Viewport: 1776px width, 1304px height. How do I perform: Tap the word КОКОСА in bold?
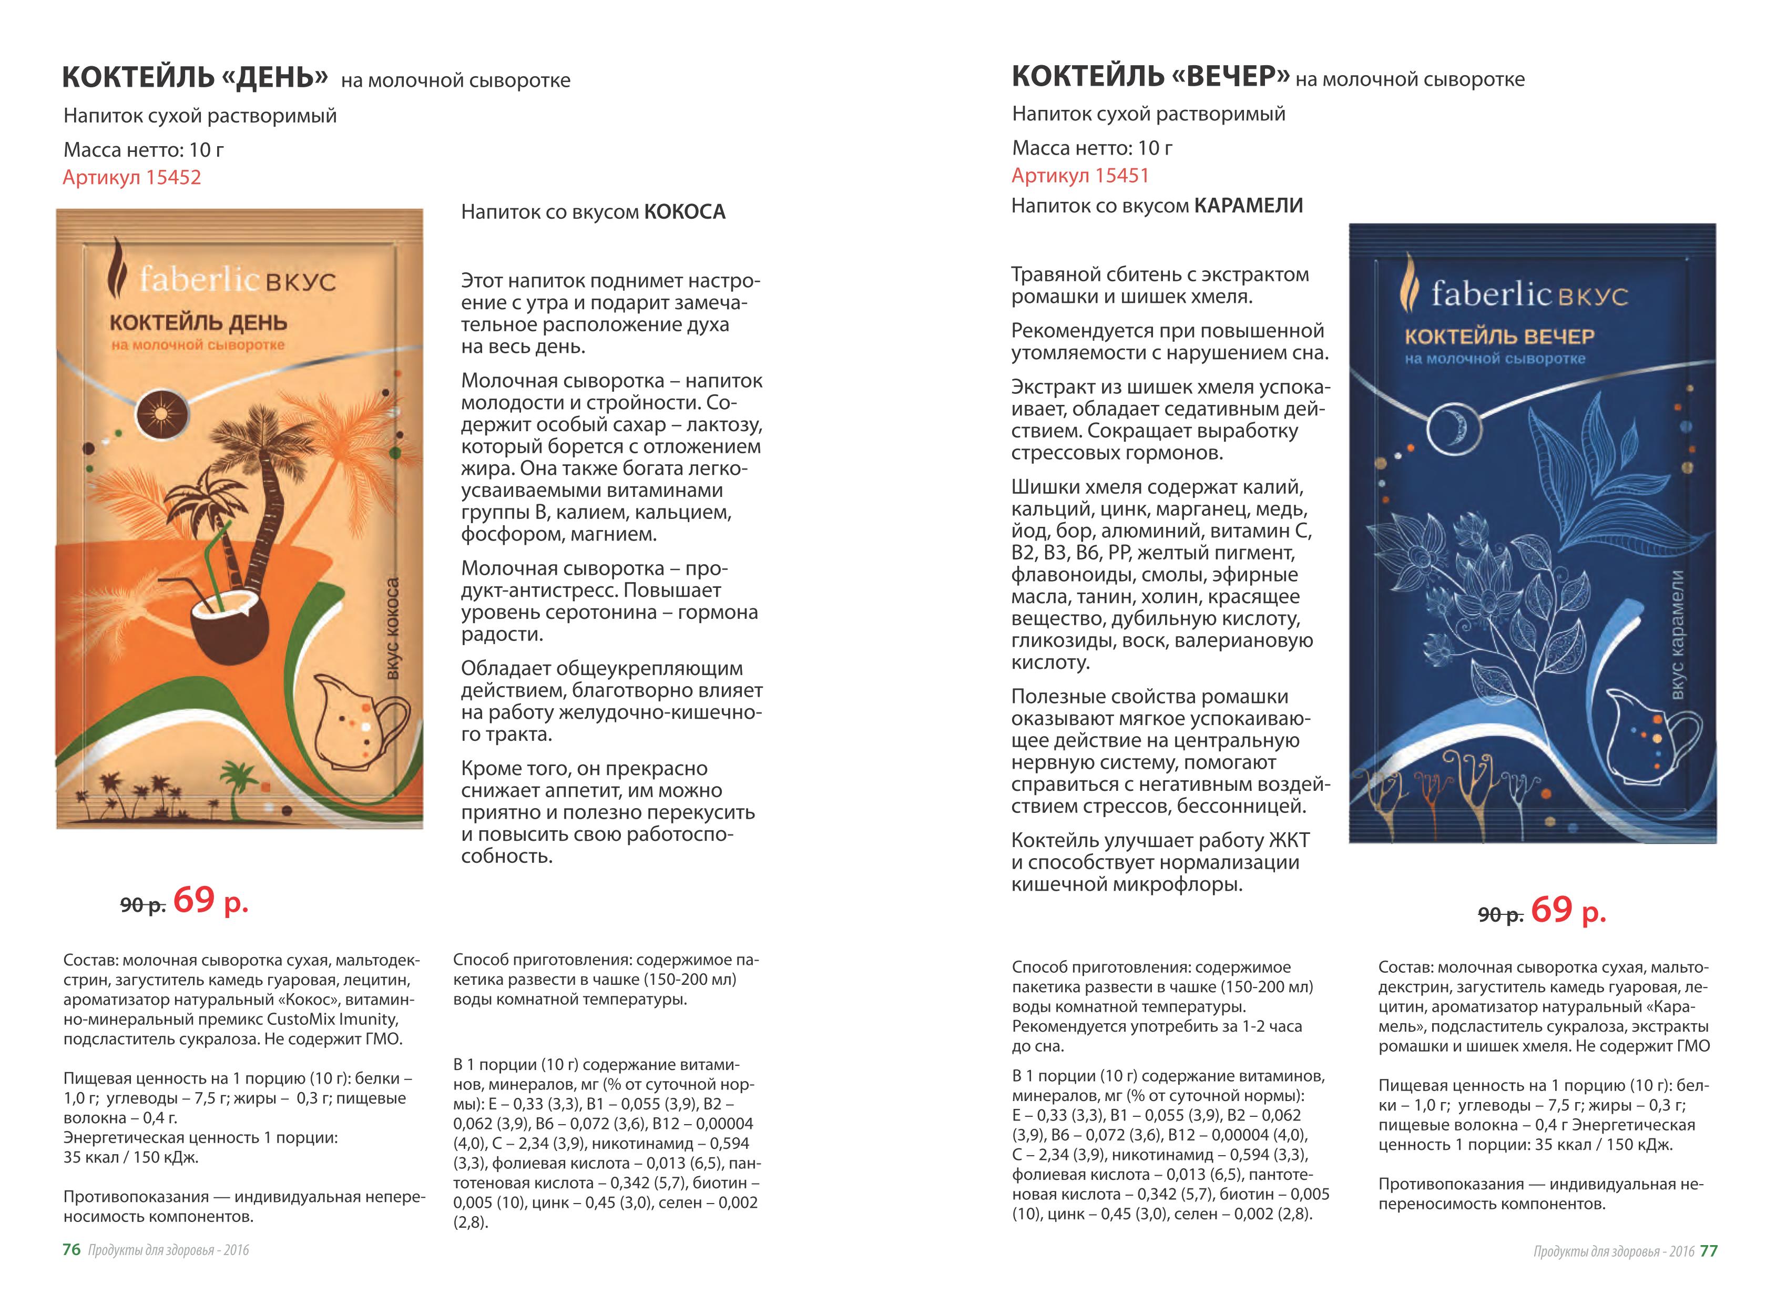coord(685,211)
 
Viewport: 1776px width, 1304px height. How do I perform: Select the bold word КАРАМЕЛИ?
coord(1248,206)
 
